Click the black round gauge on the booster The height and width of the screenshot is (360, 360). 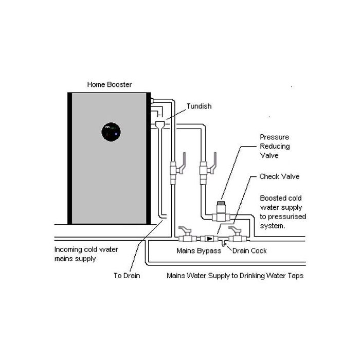(x=111, y=132)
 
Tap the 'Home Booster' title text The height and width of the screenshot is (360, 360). (x=109, y=84)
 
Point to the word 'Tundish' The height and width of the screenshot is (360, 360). (x=199, y=106)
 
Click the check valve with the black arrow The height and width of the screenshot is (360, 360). (x=210, y=239)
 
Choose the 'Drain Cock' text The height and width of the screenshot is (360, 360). (x=249, y=251)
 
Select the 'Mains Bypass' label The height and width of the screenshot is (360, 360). (x=199, y=251)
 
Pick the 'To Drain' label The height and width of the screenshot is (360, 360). (x=127, y=276)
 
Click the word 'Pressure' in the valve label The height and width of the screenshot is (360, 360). (x=274, y=137)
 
